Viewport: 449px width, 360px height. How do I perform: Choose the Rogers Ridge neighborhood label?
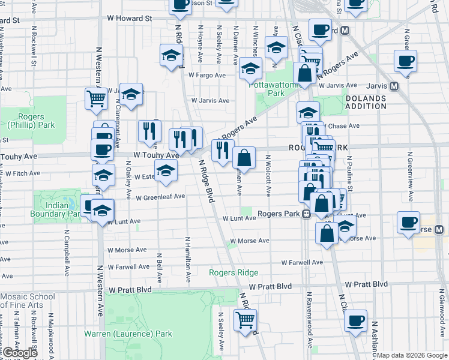tap(234, 272)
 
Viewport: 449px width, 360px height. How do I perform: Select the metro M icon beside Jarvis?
tap(394, 86)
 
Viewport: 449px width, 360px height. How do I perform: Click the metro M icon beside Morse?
tap(439, 229)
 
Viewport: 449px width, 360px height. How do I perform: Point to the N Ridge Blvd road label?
tap(206, 181)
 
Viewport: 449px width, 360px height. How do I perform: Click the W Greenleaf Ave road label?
tap(160, 197)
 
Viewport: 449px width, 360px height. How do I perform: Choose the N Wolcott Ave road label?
tap(268, 175)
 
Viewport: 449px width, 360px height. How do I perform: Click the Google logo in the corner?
tap(20, 353)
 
